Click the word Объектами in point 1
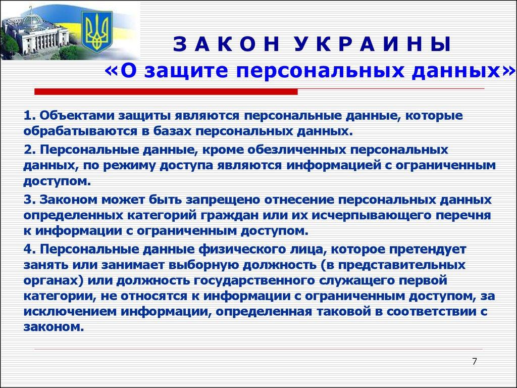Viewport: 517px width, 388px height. click(x=76, y=116)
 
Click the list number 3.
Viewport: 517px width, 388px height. click(x=27, y=200)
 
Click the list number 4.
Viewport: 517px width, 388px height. click(x=27, y=249)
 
